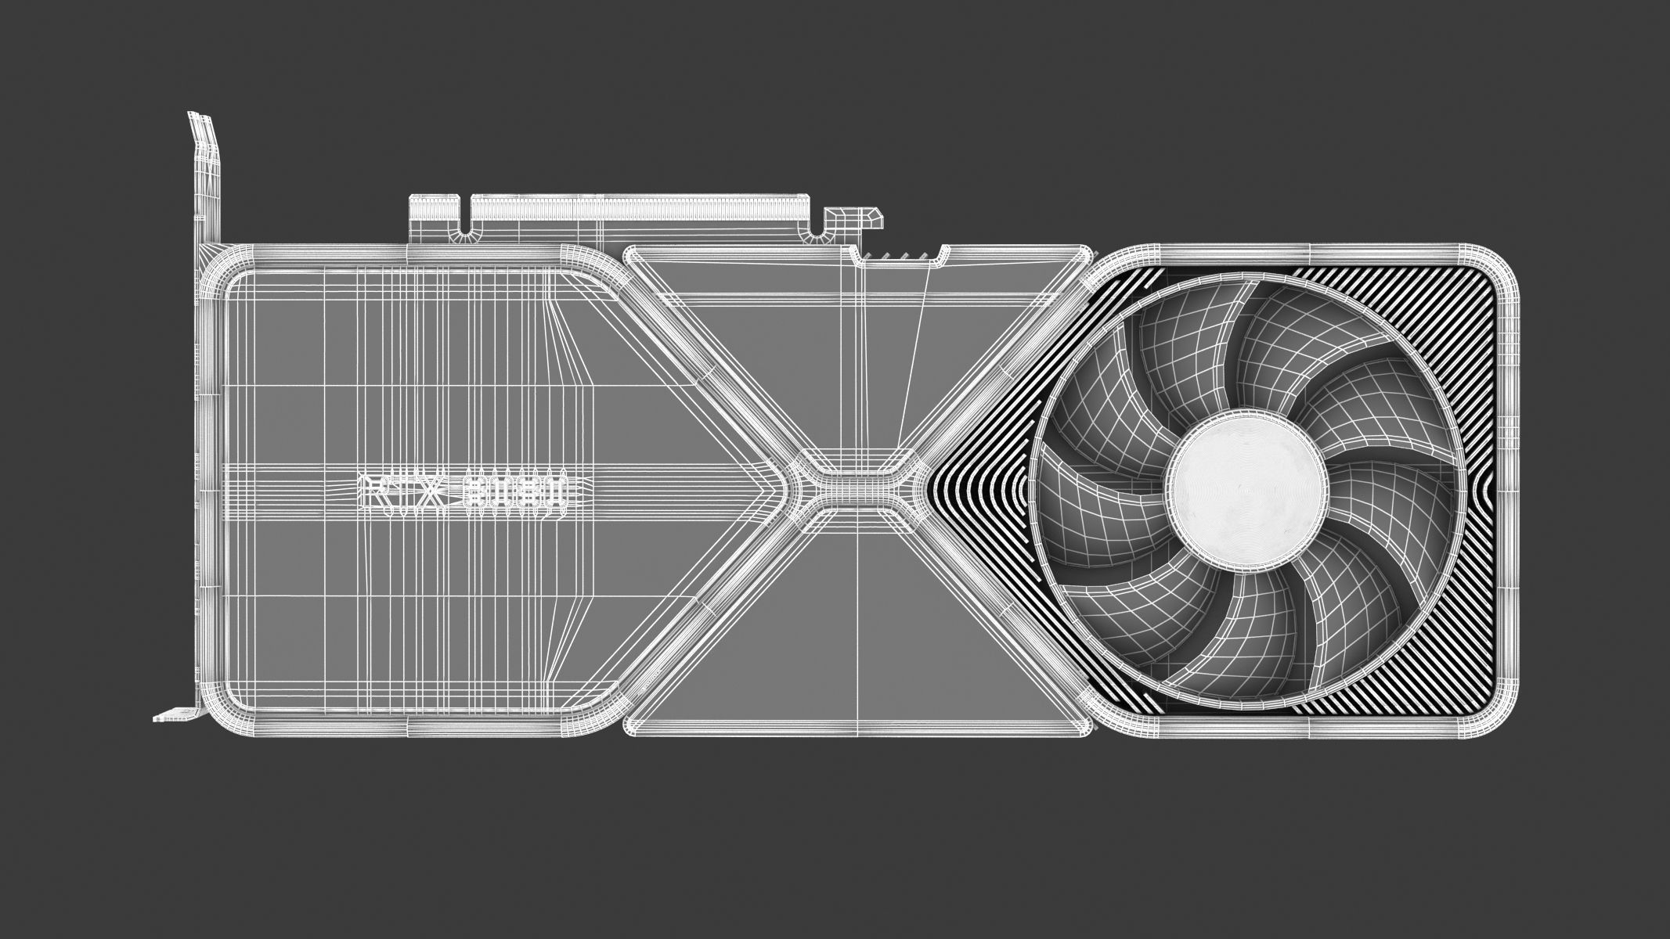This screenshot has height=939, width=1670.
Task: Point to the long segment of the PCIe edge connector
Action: coord(642,209)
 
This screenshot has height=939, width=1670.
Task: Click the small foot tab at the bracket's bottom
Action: coord(169,715)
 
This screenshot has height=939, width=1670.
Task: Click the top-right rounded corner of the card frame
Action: coord(1495,270)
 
